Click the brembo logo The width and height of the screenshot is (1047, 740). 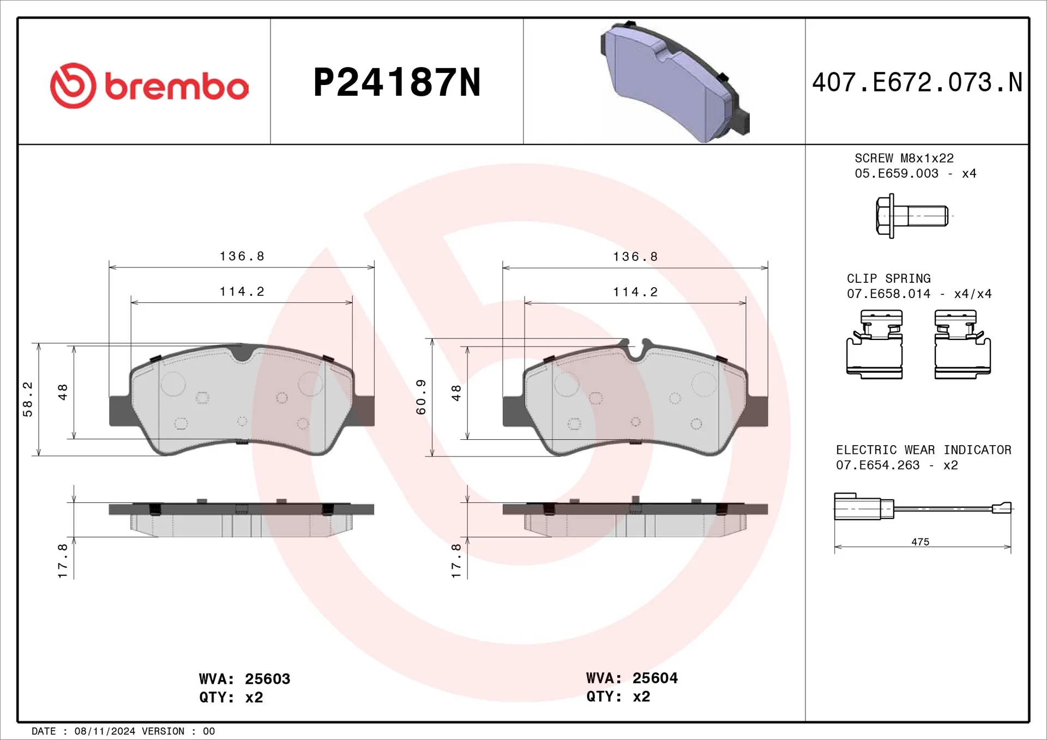149,86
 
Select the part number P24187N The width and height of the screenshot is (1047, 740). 396,83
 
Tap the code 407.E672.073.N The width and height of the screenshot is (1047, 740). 917,83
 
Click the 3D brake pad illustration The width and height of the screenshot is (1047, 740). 675,82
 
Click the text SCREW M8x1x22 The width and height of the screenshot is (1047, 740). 904,158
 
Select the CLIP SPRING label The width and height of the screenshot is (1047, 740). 888,278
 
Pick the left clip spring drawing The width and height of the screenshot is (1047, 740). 874,344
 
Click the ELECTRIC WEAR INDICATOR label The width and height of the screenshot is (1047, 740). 923,450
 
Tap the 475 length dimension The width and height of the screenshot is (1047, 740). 920,542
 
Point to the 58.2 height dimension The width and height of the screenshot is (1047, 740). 27,399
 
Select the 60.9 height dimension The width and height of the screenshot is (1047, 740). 420,397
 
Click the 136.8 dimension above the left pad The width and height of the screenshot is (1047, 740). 242,256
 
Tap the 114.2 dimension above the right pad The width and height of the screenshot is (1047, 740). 635,292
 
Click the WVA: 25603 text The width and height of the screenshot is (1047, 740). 244,679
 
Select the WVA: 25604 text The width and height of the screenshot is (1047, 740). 631,678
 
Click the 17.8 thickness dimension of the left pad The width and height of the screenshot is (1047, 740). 63,560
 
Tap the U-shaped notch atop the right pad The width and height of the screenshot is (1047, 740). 635,351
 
